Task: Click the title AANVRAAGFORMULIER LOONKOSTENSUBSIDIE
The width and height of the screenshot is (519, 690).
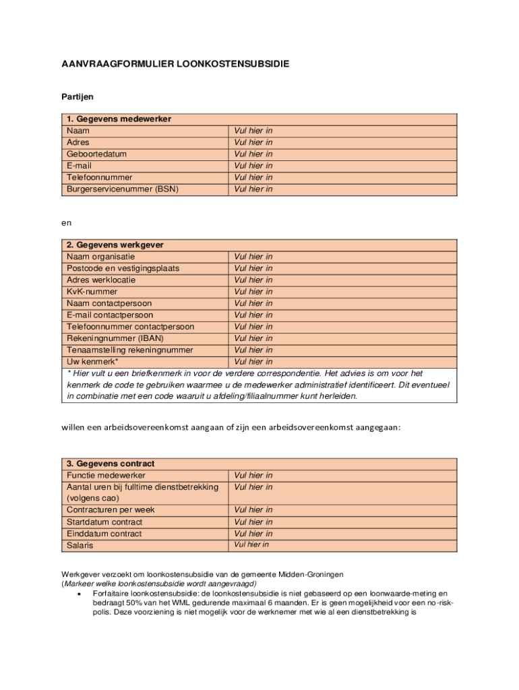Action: tap(175, 65)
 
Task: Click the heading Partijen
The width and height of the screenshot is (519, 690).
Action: tap(78, 97)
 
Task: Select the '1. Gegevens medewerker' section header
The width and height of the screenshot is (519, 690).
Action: tap(119, 119)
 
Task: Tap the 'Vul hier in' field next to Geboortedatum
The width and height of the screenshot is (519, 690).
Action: tap(253, 154)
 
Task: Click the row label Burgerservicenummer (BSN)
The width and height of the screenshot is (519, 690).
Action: tap(122, 189)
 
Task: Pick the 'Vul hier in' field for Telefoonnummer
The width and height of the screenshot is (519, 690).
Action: tap(253, 177)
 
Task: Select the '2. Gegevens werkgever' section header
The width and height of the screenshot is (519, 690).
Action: tap(115, 245)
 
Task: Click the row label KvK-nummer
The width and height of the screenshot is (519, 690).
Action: tap(92, 292)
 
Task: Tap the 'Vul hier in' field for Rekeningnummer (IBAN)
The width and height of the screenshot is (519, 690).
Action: tap(253, 338)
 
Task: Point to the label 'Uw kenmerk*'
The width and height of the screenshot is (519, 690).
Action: tap(92, 362)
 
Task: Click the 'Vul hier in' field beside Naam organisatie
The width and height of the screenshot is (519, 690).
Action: tap(253, 257)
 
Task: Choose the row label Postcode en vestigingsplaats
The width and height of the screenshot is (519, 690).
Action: tap(123, 268)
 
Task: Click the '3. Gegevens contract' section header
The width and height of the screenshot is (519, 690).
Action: tap(111, 464)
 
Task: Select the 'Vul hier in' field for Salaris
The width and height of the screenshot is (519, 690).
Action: tap(251, 544)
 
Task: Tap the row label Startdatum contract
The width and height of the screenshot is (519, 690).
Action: tap(104, 522)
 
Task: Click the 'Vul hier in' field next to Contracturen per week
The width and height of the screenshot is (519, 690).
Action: tap(253, 510)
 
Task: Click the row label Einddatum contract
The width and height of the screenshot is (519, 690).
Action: tap(104, 534)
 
